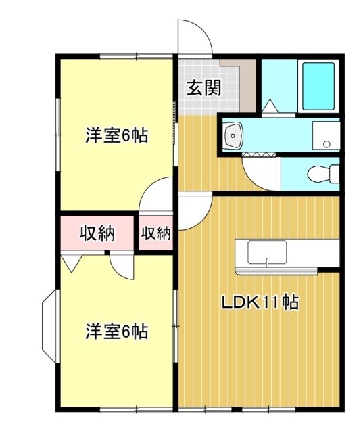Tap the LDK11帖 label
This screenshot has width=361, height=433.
pyautogui.click(x=261, y=302)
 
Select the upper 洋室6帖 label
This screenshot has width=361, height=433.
pyautogui.click(x=116, y=135)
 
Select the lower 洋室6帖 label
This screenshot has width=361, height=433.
pyautogui.click(x=116, y=332)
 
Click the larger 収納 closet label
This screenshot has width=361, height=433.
pyautogui.click(x=97, y=233)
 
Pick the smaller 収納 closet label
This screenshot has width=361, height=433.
pyautogui.click(x=156, y=233)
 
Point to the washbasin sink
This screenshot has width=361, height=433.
pyautogui.click(x=234, y=135)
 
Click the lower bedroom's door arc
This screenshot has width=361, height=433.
pyautogui.click(x=122, y=267)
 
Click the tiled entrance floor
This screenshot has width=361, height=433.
pyautogui.click(x=203, y=101)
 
